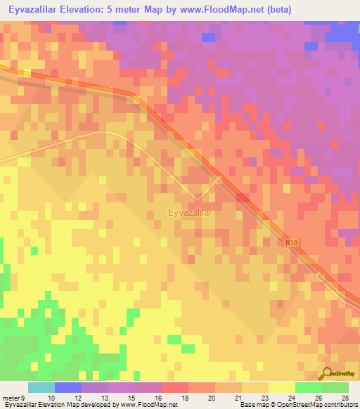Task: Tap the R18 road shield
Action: pyautogui.click(x=292, y=242)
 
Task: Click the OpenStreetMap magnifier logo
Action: pyautogui.click(x=328, y=373)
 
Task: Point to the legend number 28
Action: pyautogui.click(x=345, y=397)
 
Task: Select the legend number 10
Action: pyautogui.click(x=51, y=397)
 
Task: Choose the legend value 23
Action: pyautogui.click(x=264, y=397)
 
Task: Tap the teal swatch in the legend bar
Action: pyautogui.click(x=41, y=387)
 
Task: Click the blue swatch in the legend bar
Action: pyautogui.click(x=67, y=387)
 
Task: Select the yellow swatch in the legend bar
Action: pyautogui.click(x=281, y=387)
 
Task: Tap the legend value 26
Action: pyautogui.click(x=319, y=397)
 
